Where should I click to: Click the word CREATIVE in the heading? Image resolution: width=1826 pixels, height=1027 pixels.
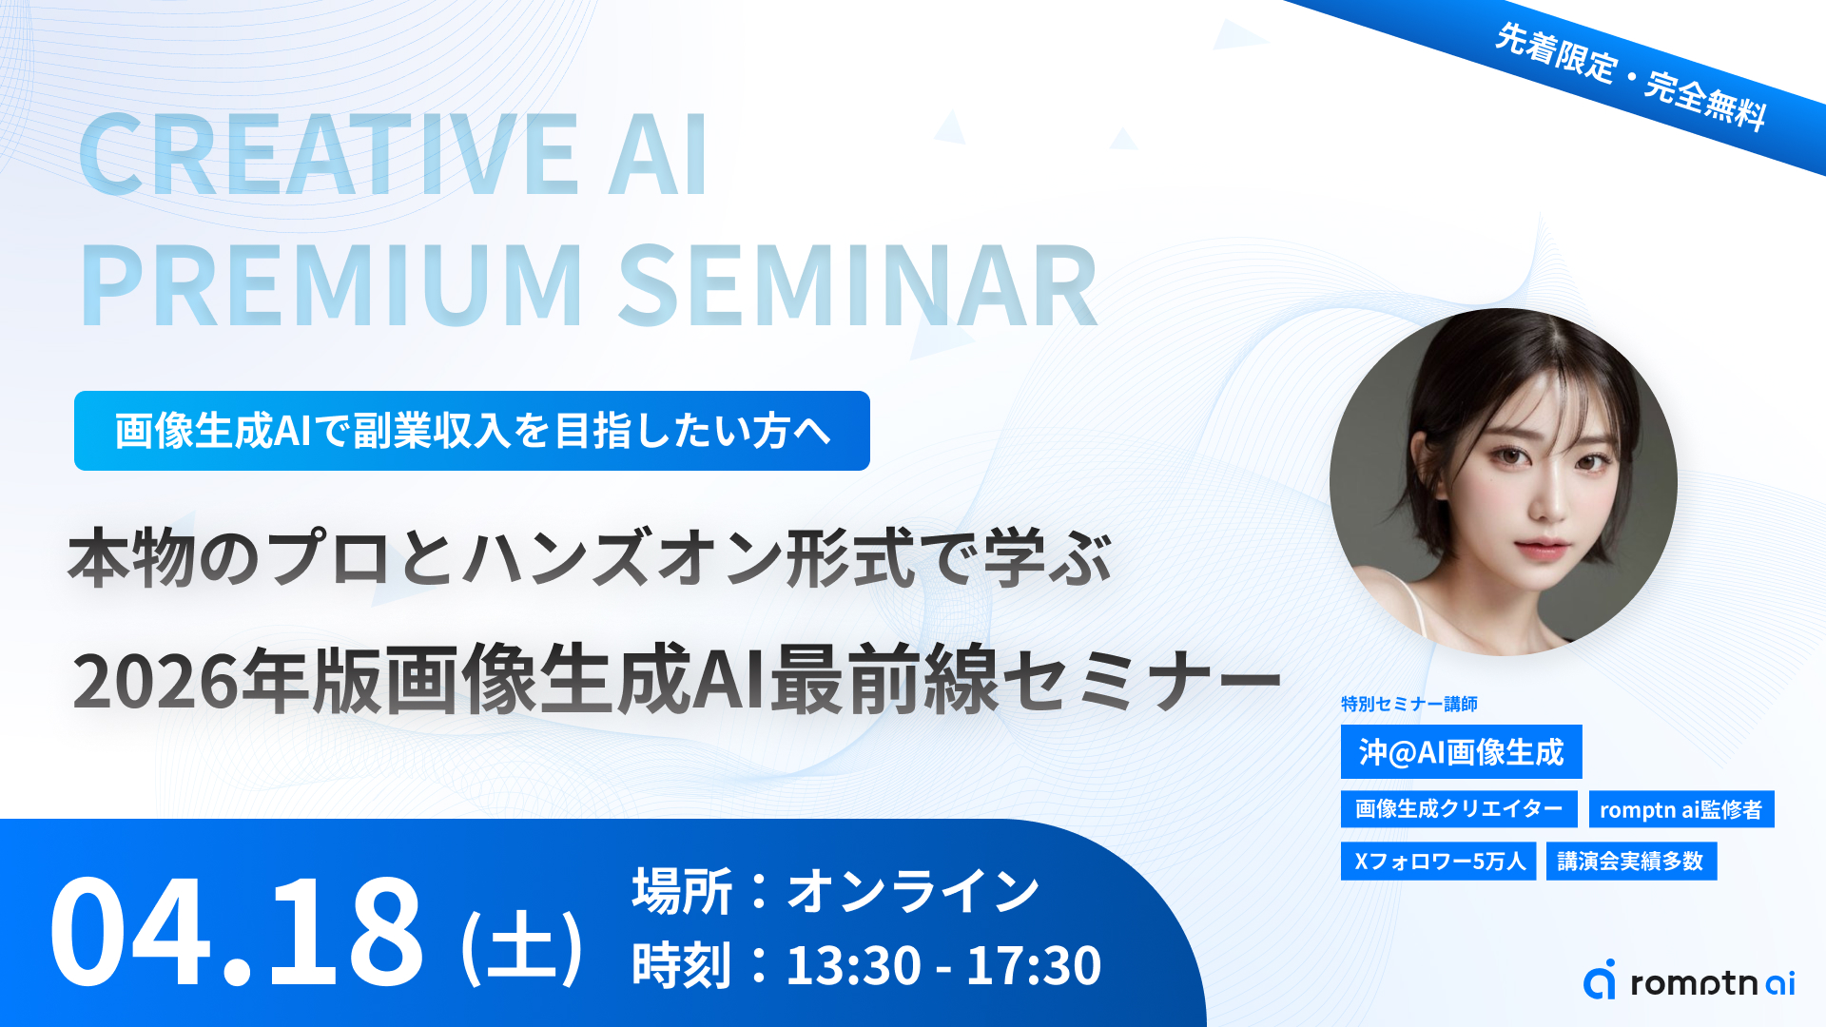coord(329,155)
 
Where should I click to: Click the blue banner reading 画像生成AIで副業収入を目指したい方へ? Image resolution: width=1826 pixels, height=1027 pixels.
coord(472,431)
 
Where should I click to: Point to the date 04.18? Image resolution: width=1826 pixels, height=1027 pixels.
coord(236,932)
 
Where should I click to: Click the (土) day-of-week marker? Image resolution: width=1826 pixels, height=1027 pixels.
coord(521,945)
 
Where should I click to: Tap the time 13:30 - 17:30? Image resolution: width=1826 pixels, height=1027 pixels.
coord(943,965)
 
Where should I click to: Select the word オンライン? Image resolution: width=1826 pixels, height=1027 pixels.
coord(913,891)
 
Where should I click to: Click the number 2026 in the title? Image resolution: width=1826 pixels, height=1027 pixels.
coord(156,681)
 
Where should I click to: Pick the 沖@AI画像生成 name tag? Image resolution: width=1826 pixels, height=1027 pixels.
coord(1461,752)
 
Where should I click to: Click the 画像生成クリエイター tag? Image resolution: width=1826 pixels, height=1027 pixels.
coord(1459,809)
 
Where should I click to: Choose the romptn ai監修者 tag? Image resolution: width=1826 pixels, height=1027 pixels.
coord(1680,809)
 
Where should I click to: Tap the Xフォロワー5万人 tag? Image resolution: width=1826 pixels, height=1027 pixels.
coord(1438,862)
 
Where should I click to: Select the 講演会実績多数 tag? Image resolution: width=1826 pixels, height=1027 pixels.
coord(1631,862)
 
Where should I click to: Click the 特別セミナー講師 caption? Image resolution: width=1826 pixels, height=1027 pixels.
coord(1409,704)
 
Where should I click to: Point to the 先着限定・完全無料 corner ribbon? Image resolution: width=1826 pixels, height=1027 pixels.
coord(1632,77)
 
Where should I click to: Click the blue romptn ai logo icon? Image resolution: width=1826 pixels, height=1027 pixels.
coord(1600,979)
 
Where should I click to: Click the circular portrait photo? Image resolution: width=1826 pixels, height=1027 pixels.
coord(1504,482)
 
